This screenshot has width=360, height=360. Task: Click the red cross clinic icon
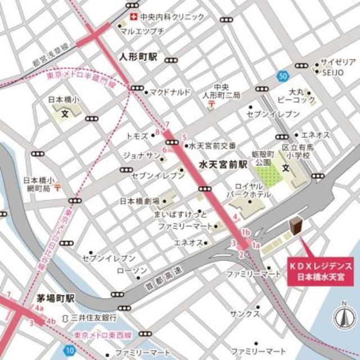click(133, 16)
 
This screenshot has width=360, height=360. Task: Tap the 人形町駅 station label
click(140, 57)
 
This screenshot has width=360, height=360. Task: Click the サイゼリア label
click(337, 61)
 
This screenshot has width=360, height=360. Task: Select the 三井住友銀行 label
click(93, 318)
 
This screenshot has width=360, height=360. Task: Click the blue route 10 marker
click(69, 350)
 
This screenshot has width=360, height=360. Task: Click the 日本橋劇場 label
click(139, 201)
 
